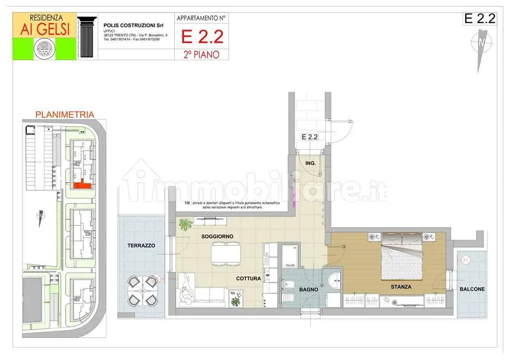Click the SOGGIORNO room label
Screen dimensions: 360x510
pyautogui.click(x=217, y=236)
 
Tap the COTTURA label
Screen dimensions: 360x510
pyautogui.click(x=248, y=279)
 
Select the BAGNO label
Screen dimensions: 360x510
pyautogui.click(x=308, y=289)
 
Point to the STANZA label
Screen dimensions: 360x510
pyautogui.click(x=401, y=287)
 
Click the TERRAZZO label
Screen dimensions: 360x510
pyautogui.click(x=141, y=245)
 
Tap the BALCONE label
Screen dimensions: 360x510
pyautogui.click(x=472, y=289)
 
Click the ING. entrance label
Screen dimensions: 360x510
pyautogui.click(x=311, y=163)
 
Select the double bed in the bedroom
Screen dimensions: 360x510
pyautogui.click(x=401, y=259)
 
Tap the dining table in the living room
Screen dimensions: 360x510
pyautogui.click(x=226, y=253)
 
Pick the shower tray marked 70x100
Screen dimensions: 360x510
pyautogui.click(x=290, y=255)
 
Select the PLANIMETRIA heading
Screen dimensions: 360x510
pyautogui.click(x=65, y=115)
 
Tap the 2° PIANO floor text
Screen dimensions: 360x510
pyautogui.click(x=202, y=54)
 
